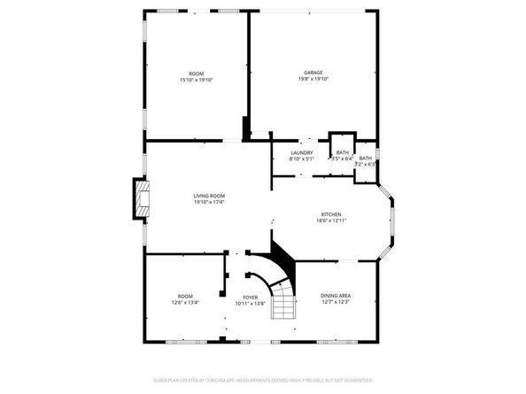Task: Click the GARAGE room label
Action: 313,73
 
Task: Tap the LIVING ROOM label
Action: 210,196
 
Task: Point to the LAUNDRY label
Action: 302,153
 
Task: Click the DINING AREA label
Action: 336,296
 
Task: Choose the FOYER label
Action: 250,297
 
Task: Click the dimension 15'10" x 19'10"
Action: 196,80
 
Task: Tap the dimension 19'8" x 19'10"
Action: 313,79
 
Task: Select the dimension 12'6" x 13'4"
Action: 185,303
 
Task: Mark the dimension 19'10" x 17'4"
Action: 210,202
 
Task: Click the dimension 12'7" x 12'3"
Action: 336,302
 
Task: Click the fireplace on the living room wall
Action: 139,199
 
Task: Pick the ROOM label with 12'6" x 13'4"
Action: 185,297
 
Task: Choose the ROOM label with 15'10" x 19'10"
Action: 196,73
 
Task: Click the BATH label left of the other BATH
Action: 342,153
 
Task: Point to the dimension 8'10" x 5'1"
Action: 302,159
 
